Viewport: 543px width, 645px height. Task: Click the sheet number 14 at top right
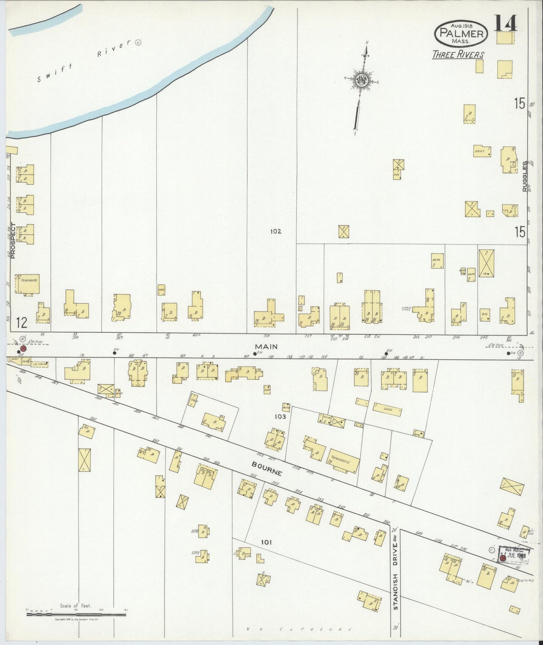tap(505, 23)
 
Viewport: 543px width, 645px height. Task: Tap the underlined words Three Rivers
tap(458, 55)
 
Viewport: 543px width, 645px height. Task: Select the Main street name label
tap(266, 346)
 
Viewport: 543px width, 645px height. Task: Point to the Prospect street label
tap(13, 241)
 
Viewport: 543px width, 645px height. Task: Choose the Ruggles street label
tap(525, 176)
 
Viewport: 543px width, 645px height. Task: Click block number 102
tap(275, 231)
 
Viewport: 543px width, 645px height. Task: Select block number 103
tap(280, 417)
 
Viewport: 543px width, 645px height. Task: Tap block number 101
tap(266, 542)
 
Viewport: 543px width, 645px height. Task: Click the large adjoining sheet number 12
tap(22, 322)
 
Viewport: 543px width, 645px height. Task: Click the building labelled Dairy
tap(482, 151)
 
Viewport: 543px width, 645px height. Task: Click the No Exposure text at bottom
tap(299, 629)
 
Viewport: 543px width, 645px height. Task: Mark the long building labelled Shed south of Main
tap(387, 409)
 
